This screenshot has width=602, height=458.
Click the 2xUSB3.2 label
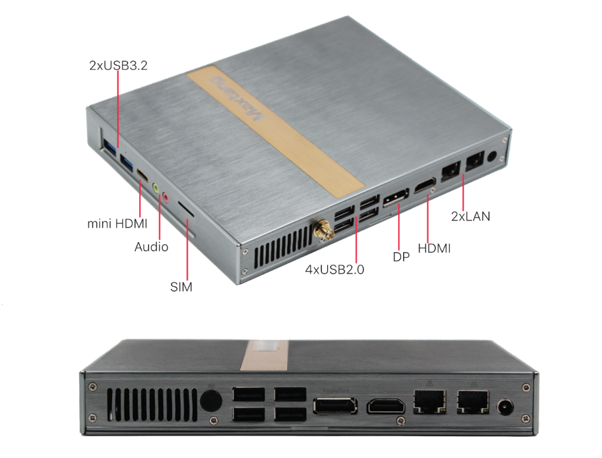[x=118, y=65]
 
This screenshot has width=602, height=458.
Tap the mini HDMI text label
[x=117, y=223]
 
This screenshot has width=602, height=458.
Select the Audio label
[x=151, y=246]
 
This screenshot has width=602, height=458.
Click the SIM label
[x=181, y=287]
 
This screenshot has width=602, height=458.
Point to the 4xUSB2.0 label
[x=334, y=269]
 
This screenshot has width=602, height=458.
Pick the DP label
[x=401, y=256]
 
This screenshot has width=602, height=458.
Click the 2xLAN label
[x=471, y=216]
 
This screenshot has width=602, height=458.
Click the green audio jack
[x=156, y=188]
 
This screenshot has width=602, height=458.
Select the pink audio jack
[x=165, y=198]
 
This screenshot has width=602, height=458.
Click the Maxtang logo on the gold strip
[x=237, y=98]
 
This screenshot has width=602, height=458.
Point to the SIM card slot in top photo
[x=186, y=209]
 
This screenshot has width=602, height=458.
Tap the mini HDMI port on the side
[x=143, y=175]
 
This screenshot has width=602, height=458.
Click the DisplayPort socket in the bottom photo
[x=335, y=406]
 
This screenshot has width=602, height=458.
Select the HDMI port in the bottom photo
[x=386, y=406]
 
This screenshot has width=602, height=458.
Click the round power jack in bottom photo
[x=506, y=407]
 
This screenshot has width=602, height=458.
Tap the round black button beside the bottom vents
[x=211, y=402]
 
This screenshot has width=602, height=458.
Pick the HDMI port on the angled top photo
[x=425, y=186]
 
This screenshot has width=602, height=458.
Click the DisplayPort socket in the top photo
[x=395, y=197]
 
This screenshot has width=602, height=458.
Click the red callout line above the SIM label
[x=187, y=249]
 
